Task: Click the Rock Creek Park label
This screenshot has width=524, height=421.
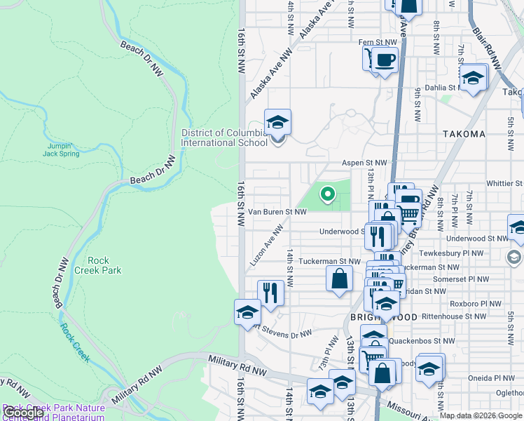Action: [x=104, y=265]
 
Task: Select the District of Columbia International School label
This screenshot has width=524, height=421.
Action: [x=223, y=138]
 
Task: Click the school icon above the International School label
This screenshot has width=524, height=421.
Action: [x=277, y=123]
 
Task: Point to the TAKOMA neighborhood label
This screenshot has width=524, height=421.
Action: [x=464, y=134]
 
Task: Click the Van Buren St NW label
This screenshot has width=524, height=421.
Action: [x=277, y=211]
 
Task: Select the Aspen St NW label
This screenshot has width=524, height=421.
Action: [x=363, y=163]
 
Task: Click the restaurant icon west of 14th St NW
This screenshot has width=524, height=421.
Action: [x=270, y=292]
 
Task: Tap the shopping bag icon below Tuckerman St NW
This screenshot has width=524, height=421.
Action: [x=339, y=279]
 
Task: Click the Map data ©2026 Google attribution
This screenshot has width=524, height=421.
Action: [x=481, y=415]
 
